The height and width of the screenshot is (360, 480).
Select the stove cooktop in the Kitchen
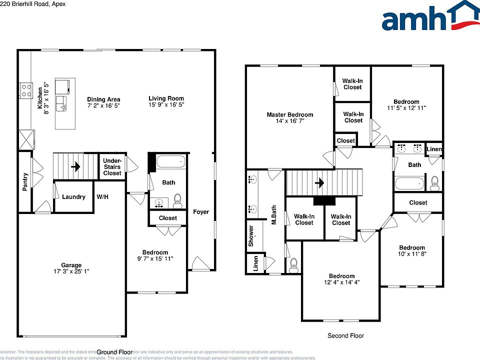25,90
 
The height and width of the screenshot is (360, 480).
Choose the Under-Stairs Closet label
112,167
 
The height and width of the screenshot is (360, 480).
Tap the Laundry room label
73,197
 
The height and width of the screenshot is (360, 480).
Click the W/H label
102,197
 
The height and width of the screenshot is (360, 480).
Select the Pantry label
25,181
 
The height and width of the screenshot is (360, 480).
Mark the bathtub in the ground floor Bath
170,162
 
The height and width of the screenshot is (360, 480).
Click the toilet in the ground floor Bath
177,202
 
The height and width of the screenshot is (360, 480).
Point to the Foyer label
201,212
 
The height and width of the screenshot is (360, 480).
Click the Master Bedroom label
289,115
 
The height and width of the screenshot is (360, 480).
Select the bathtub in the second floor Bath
409,183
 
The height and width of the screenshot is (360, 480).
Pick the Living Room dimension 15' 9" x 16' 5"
166,105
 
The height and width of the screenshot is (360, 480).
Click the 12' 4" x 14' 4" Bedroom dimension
341,282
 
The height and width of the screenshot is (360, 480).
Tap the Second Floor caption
345,336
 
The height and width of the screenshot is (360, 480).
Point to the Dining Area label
103,99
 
